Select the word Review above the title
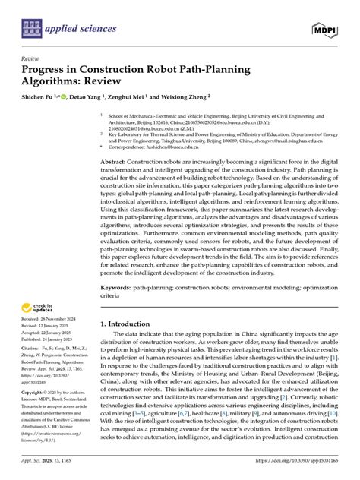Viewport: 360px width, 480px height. click(31, 58)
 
